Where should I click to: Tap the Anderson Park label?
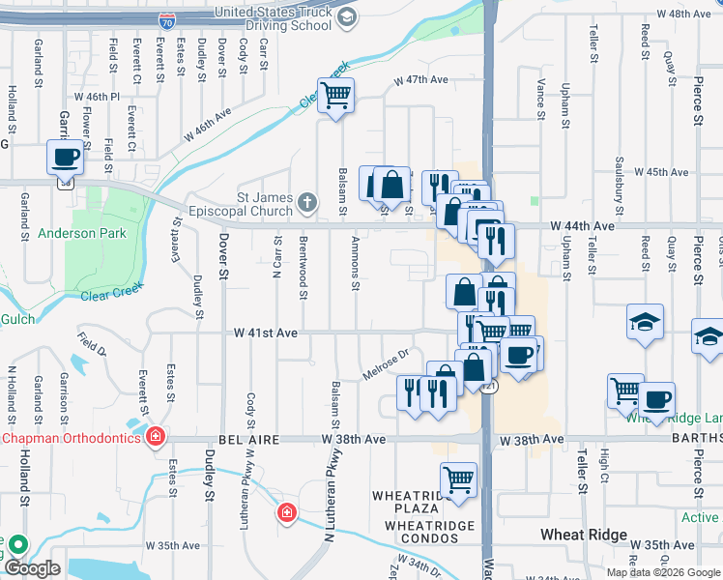[69, 233]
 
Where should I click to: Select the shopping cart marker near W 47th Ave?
[335, 96]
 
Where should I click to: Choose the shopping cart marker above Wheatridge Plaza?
[458, 478]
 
